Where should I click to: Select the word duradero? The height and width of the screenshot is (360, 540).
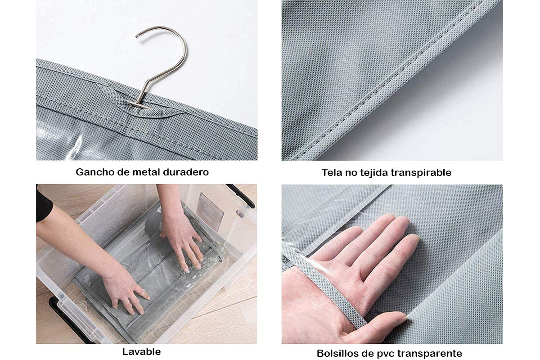tap(186, 172)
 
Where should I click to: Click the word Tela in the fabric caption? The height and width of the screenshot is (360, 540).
tap(332, 173)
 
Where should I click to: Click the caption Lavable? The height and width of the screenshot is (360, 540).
tap(141, 352)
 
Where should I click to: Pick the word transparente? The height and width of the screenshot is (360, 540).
tap(430, 354)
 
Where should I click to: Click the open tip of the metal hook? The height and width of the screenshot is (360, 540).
tap(137, 36)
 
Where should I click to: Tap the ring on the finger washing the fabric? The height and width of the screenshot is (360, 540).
tap(143, 292)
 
